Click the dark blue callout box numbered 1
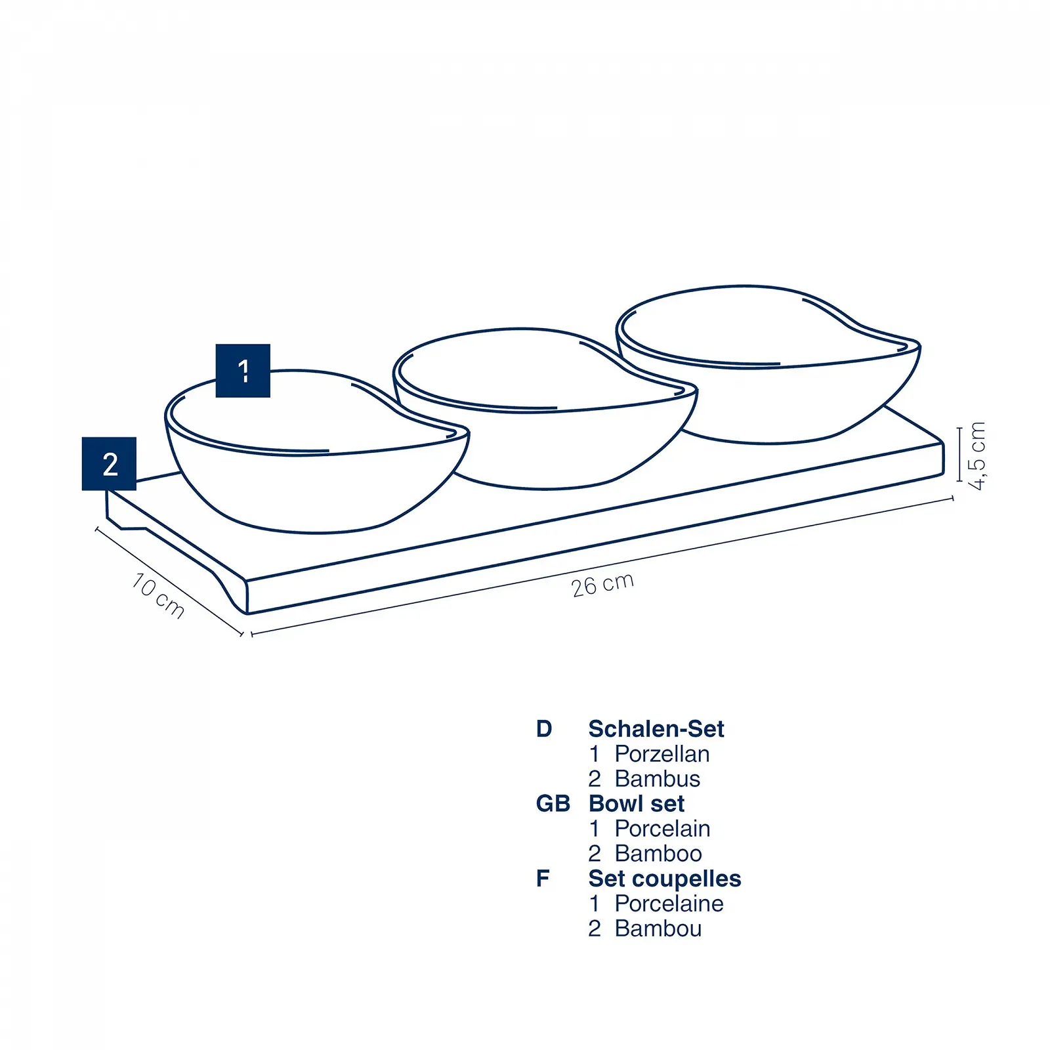click(243, 371)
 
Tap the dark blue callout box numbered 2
click(109, 464)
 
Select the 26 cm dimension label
click(602, 584)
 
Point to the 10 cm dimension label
click(158, 595)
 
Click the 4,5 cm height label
click(977, 456)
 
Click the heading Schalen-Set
click(656, 729)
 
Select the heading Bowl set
click(637, 804)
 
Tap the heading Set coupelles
click(665, 879)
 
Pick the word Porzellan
click(662, 754)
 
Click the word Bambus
click(658, 779)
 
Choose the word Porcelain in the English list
click(663, 829)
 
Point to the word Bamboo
click(658, 854)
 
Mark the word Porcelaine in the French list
click(669, 904)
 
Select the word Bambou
click(658, 929)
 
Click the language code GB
click(553, 804)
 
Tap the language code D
click(544, 729)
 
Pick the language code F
click(543, 879)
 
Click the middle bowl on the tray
click(545, 408)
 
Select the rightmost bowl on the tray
click(768, 365)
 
